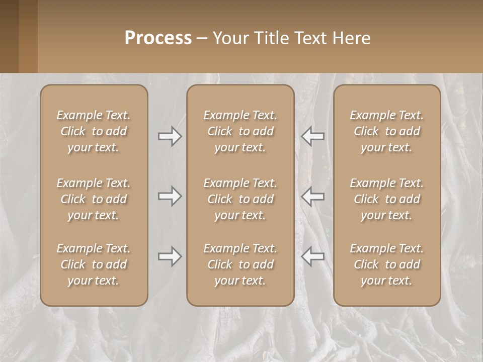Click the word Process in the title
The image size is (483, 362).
pos(158,38)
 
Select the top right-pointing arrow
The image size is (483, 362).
pos(170,136)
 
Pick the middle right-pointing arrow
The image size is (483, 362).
pos(170,196)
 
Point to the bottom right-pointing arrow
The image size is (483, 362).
pos(170,256)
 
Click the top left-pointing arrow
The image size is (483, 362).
pos(313,136)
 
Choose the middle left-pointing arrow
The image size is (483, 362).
pos(313,196)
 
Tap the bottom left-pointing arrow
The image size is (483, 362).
pos(313,256)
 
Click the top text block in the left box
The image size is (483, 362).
pos(94,131)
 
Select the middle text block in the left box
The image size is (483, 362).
pos(94,199)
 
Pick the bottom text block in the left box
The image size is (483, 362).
pos(94,264)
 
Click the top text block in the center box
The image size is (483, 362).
pos(240,131)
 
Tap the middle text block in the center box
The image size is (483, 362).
pos(240,199)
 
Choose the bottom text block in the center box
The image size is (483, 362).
pos(240,264)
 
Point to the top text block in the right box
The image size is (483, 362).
pos(387,131)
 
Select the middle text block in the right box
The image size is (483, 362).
pos(387,199)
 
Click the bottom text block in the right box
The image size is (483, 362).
pos(387,264)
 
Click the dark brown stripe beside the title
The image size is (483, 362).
pos(9,36)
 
